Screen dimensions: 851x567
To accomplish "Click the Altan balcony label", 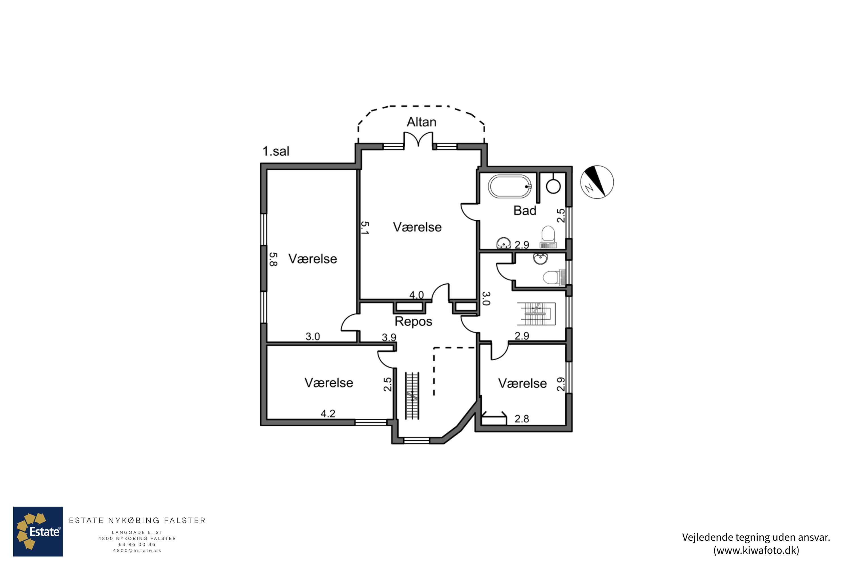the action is tap(422, 122).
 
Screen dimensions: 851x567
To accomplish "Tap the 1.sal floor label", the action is tap(276, 151).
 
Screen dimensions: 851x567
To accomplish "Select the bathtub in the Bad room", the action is tap(510, 187).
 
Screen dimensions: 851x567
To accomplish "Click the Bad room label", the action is tap(524, 210).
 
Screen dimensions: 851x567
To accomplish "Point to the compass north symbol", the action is tap(597, 182).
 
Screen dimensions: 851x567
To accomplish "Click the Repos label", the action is tap(413, 321).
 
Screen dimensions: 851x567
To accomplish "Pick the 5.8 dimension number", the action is tap(273, 259).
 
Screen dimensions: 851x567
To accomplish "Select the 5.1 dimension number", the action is tap(365, 228).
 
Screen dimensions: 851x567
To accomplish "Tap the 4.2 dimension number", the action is tap(328, 414).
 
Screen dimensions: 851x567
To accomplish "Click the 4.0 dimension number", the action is tap(416, 295).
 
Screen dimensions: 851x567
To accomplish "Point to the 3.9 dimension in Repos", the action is tap(389, 337).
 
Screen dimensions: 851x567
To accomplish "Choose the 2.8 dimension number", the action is tap(522, 419).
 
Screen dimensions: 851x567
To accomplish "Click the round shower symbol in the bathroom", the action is tap(553, 187).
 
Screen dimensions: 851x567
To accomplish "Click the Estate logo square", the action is tap(38, 531).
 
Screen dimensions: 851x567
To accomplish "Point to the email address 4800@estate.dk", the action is tap(137, 551).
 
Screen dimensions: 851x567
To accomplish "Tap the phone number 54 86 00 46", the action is tap(137, 545).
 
